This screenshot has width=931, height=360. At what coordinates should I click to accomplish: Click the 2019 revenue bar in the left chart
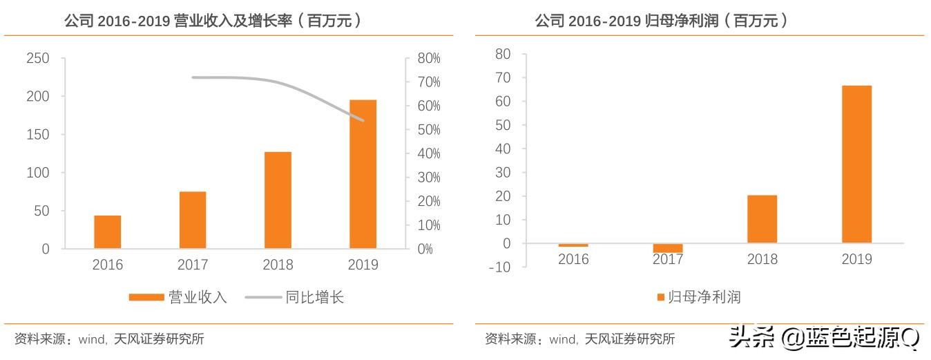363,174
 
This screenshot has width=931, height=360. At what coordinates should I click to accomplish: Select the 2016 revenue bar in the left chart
108,232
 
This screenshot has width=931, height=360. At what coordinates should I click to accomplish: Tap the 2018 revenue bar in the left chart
278,200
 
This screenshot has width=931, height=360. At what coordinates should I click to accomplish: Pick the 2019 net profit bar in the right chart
856,164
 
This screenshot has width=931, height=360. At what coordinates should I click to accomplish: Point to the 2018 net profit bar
762,219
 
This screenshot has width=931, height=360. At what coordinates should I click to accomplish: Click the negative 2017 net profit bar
668,248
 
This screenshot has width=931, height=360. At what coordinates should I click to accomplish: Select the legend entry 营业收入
177,298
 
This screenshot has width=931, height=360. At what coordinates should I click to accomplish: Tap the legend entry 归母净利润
698,297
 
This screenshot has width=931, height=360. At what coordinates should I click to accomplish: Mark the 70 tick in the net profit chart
502,77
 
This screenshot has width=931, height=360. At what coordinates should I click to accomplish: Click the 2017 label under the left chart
193,265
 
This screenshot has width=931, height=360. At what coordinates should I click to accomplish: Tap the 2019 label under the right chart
856,259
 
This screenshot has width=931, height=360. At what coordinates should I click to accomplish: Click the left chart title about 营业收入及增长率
215,21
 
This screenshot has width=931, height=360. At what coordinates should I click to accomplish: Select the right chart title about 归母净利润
663,21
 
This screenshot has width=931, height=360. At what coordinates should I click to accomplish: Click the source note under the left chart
109,339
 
